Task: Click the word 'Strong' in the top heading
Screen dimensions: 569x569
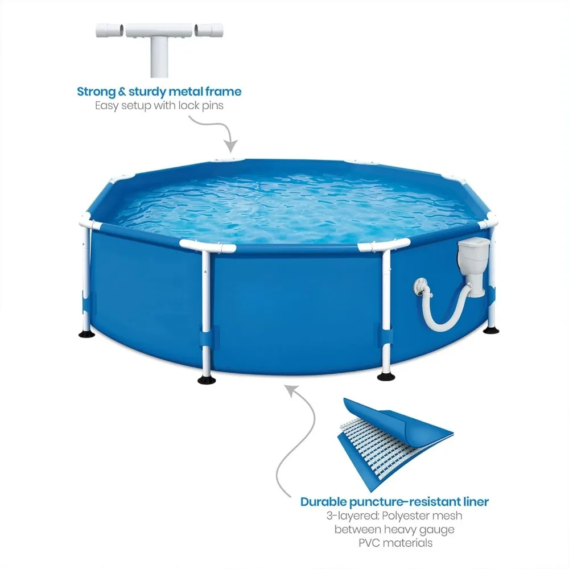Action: coord(96,92)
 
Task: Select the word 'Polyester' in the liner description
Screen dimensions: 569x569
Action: coord(403,516)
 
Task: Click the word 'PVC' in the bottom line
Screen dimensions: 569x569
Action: coord(369,543)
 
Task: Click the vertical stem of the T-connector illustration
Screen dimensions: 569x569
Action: coord(159,56)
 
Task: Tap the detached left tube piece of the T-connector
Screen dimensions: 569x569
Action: coord(110,31)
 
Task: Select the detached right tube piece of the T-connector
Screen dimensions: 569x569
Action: coord(209,31)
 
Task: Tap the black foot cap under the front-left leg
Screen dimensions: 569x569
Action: coord(207,380)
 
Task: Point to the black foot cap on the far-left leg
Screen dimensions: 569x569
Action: coord(87,333)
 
